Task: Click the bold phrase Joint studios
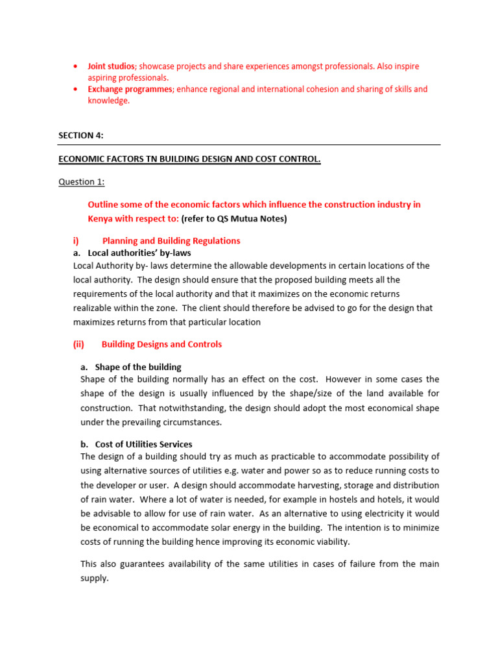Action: pos(111,66)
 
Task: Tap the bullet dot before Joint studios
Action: pos(76,67)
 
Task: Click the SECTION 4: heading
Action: pos(81,135)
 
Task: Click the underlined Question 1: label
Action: pos(81,182)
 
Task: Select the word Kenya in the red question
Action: pos(101,218)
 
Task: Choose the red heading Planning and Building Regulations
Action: pos(171,240)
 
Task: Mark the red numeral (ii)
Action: pos(79,344)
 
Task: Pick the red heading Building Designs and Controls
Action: pos(161,344)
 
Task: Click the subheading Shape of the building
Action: pos(138,367)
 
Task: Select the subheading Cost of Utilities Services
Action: pos(143,444)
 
